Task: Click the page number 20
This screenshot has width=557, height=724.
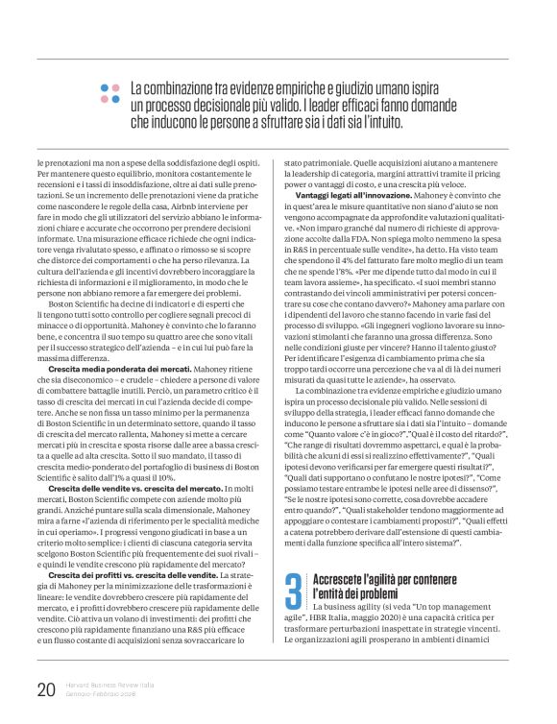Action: click(44, 689)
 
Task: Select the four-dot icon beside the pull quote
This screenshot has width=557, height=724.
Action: click(109, 93)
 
